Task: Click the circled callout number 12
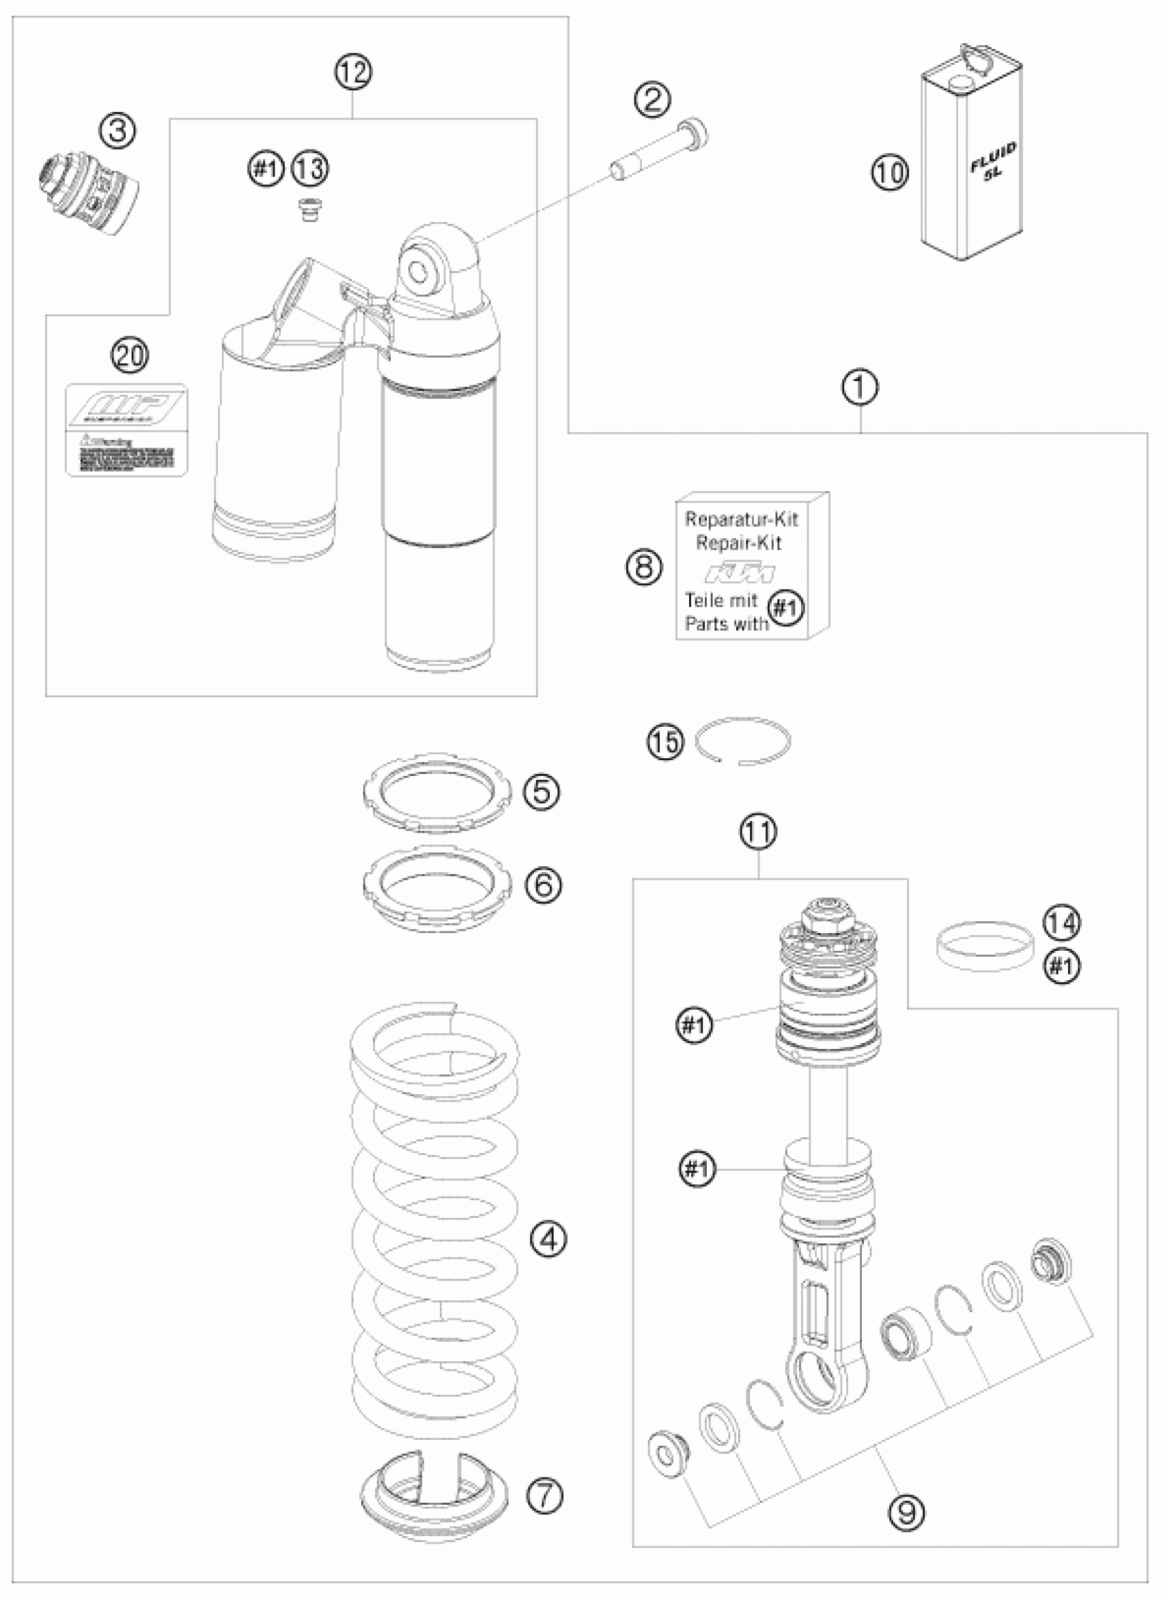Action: (x=353, y=72)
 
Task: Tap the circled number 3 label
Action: (x=117, y=130)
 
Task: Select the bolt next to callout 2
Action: (x=659, y=152)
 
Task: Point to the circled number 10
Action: (x=891, y=172)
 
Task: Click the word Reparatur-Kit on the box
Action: (x=742, y=520)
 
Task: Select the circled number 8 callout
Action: (x=644, y=566)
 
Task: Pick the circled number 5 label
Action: (x=542, y=791)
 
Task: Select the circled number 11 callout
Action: (x=759, y=832)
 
